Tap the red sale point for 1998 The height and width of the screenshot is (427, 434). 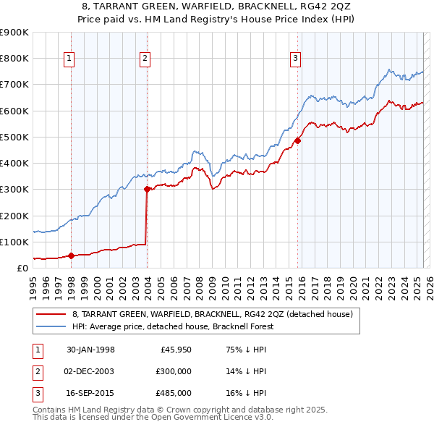coord(71,255)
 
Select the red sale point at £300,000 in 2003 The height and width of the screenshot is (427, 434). coord(147,190)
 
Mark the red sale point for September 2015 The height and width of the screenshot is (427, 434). coord(297,141)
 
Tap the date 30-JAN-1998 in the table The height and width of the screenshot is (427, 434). coord(90,350)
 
